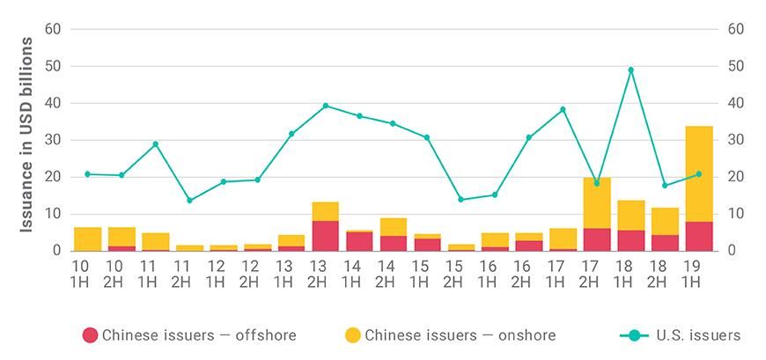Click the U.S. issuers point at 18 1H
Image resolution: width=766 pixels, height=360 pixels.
[630, 70]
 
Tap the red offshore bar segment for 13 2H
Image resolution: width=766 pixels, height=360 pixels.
[325, 236]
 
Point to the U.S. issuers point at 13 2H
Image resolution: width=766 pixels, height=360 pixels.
[325, 106]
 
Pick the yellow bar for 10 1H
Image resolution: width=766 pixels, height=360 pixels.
[87, 239]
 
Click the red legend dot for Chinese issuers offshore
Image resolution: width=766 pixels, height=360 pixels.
[90, 335]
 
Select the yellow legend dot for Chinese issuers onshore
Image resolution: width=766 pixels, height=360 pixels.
[352, 335]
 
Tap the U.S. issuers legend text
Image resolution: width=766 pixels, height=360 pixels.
[698, 335]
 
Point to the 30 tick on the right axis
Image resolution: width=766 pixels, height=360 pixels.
[736, 140]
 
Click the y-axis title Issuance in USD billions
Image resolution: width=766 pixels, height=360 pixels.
[27, 135]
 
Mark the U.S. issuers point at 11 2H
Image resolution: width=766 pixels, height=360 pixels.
[189, 200]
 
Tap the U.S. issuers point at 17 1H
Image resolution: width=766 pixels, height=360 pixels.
[563, 110]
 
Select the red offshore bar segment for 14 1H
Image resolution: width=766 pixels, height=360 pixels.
[359, 241]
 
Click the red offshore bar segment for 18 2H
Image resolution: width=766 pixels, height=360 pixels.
[665, 243]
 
